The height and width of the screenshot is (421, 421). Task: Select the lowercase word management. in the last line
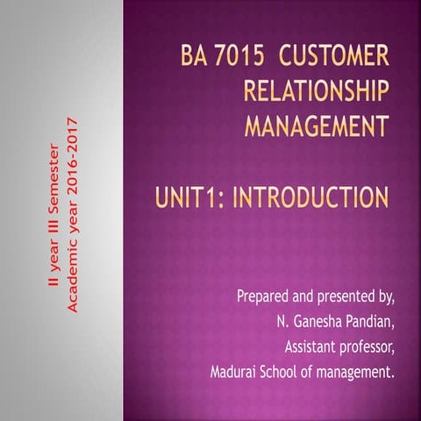point(355,372)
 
